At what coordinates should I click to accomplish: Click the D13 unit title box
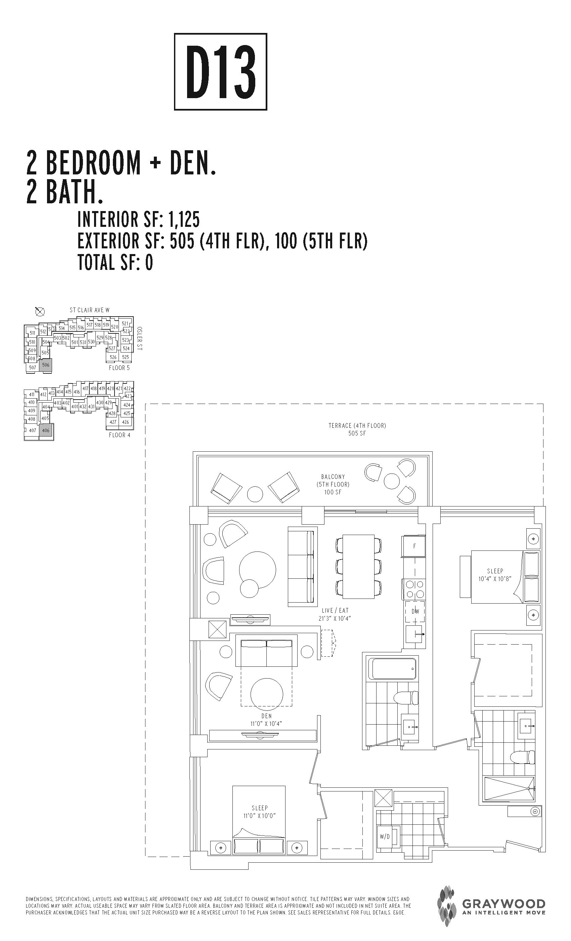coord(220,72)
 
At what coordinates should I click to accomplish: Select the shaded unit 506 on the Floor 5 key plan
coord(45,365)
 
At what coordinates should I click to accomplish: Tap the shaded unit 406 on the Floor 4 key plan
coord(46,431)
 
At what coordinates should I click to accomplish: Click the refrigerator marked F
coord(414,546)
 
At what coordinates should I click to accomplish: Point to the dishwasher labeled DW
coord(415,611)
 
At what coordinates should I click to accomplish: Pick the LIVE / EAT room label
coord(335,611)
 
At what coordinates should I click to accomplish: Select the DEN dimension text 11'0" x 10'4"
coord(266,724)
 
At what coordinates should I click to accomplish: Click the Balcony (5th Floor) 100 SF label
coord(333,484)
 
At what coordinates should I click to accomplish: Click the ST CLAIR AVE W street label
coord(89,310)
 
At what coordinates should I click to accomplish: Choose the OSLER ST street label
coord(139,338)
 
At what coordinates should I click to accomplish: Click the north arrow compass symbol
coord(40,312)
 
